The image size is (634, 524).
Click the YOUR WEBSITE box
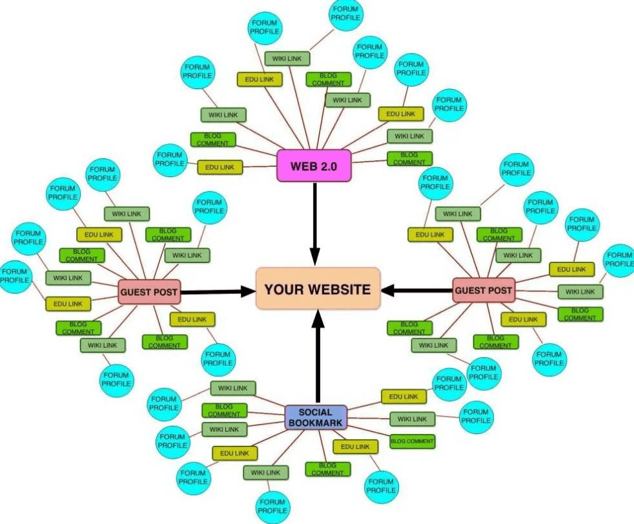pyautogui.click(x=318, y=289)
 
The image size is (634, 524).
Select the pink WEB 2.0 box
pyautogui.click(x=314, y=165)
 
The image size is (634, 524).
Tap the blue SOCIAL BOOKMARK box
pyautogui.click(x=316, y=417)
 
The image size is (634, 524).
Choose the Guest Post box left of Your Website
pyautogui.click(x=149, y=291)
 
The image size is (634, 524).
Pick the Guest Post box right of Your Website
pyautogui.click(x=484, y=290)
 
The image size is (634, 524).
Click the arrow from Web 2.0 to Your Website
pyautogui.click(x=315, y=224)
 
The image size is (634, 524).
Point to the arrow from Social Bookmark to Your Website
pyautogui.click(x=318, y=357)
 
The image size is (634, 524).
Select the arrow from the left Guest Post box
pyautogui.click(x=218, y=291)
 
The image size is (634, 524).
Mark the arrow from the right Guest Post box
pyautogui.click(x=417, y=290)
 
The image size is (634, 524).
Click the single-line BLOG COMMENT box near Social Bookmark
pyautogui.click(x=412, y=441)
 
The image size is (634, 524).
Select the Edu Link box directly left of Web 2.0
pyautogui.click(x=220, y=167)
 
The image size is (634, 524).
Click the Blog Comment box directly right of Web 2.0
pyautogui.click(x=409, y=158)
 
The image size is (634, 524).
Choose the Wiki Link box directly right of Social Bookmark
pyautogui.click(x=413, y=419)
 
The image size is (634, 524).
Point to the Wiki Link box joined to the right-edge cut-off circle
pyautogui.click(x=580, y=292)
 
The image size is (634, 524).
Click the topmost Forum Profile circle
pyautogui.click(x=345, y=14)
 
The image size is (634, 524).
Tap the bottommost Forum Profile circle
pyautogui.click(x=273, y=507)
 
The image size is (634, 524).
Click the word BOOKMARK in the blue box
pyautogui.click(x=316, y=423)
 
